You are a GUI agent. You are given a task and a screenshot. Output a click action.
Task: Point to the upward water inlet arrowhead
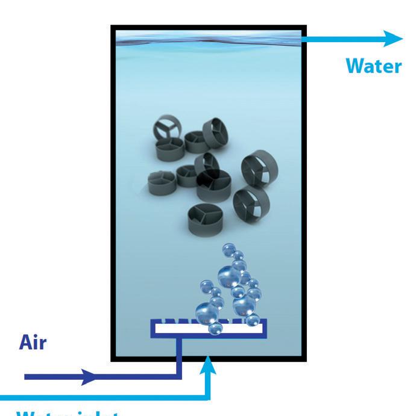[x=209, y=364]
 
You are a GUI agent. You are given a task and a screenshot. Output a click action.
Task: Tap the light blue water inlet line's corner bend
[x=209, y=397]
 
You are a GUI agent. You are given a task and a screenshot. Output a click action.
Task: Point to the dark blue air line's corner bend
[x=179, y=377]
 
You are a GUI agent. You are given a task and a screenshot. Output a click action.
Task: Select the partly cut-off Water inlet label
[x=66, y=413]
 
